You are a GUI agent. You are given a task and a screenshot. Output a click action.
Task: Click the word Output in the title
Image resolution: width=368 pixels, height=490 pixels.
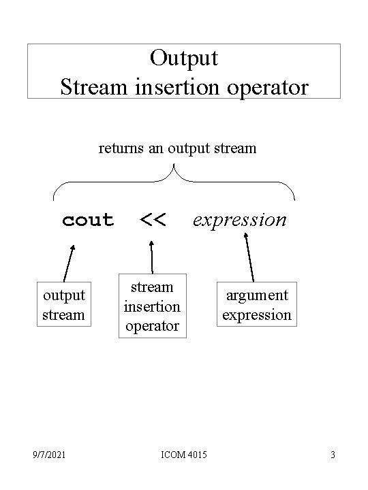click(184, 59)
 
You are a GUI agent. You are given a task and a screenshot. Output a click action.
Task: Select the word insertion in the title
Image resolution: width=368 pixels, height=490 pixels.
click(177, 87)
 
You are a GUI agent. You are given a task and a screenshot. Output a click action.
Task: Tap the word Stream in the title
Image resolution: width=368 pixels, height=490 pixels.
click(94, 87)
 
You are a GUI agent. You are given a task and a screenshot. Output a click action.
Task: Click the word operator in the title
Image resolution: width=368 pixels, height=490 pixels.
click(268, 88)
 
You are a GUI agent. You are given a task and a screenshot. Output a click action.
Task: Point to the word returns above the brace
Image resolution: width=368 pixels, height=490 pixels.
click(121, 148)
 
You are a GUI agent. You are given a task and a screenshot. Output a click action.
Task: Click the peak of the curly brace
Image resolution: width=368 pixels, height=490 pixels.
click(174, 164)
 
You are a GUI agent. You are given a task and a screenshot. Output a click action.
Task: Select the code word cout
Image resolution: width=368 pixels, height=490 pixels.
click(88, 220)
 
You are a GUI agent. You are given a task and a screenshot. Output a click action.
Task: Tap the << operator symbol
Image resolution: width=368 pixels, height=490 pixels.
click(153, 220)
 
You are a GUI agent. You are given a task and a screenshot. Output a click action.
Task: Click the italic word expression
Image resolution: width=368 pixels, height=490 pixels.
click(240, 220)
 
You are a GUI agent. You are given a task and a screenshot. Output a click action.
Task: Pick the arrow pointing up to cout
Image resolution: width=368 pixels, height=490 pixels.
click(69, 263)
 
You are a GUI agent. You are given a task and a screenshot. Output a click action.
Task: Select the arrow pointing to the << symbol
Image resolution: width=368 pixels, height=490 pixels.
click(152, 257)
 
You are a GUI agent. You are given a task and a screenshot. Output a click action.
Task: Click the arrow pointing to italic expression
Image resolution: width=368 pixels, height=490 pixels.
click(249, 257)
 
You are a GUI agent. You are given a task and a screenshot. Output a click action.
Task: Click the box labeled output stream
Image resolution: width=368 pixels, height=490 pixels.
click(64, 304)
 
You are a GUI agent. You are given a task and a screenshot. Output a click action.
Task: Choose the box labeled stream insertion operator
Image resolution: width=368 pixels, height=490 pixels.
click(153, 306)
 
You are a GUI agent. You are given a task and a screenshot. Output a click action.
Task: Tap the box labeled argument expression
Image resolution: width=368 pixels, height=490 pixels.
click(257, 304)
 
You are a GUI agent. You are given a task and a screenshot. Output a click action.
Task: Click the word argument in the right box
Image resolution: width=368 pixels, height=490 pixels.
click(257, 296)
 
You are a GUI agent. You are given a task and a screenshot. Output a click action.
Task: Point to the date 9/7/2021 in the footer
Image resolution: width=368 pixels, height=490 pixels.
click(49, 455)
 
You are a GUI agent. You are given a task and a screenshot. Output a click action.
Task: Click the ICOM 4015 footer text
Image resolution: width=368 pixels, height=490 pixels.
click(184, 455)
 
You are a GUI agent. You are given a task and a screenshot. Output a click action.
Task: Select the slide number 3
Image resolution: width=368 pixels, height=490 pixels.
click(333, 455)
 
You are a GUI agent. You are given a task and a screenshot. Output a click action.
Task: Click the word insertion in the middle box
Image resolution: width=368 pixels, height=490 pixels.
click(152, 307)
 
